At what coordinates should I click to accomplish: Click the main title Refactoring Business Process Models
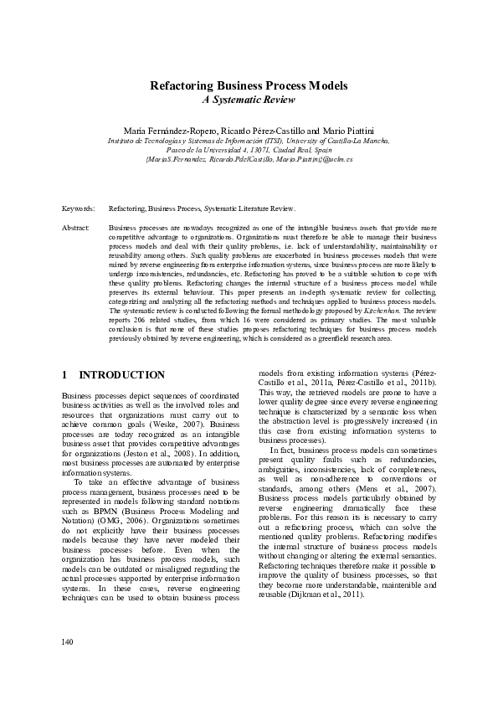(x=249, y=86)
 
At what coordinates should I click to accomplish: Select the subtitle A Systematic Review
(x=249, y=100)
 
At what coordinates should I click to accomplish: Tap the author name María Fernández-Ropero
(x=170, y=132)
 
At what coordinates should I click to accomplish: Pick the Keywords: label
(x=78, y=207)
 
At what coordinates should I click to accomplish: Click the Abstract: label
(x=76, y=227)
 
